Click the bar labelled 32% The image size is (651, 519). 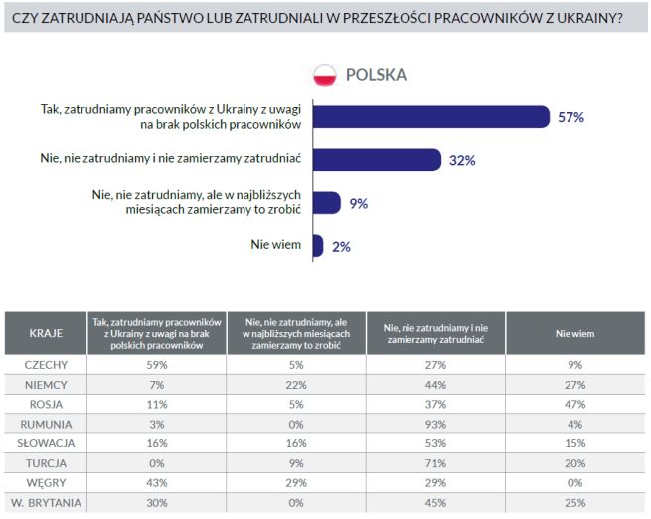pos(377,159)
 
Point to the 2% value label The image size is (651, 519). pos(341,246)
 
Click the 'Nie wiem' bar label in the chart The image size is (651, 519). pos(279,245)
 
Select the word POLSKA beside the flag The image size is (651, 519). pos(376,75)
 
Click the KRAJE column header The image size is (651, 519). pos(46,333)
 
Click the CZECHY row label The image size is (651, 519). pos(46,365)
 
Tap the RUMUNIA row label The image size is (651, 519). pos(46,424)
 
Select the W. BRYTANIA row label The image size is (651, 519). pos(46,501)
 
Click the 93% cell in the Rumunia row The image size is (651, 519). pos(435,424)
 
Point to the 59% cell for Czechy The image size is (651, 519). pos(156,365)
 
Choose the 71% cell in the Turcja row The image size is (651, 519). pos(435,462)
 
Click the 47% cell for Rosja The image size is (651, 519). pos(574,404)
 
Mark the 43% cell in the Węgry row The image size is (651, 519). pos(156,482)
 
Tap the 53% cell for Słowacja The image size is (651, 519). pos(435,442)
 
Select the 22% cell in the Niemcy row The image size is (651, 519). pos(295,385)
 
